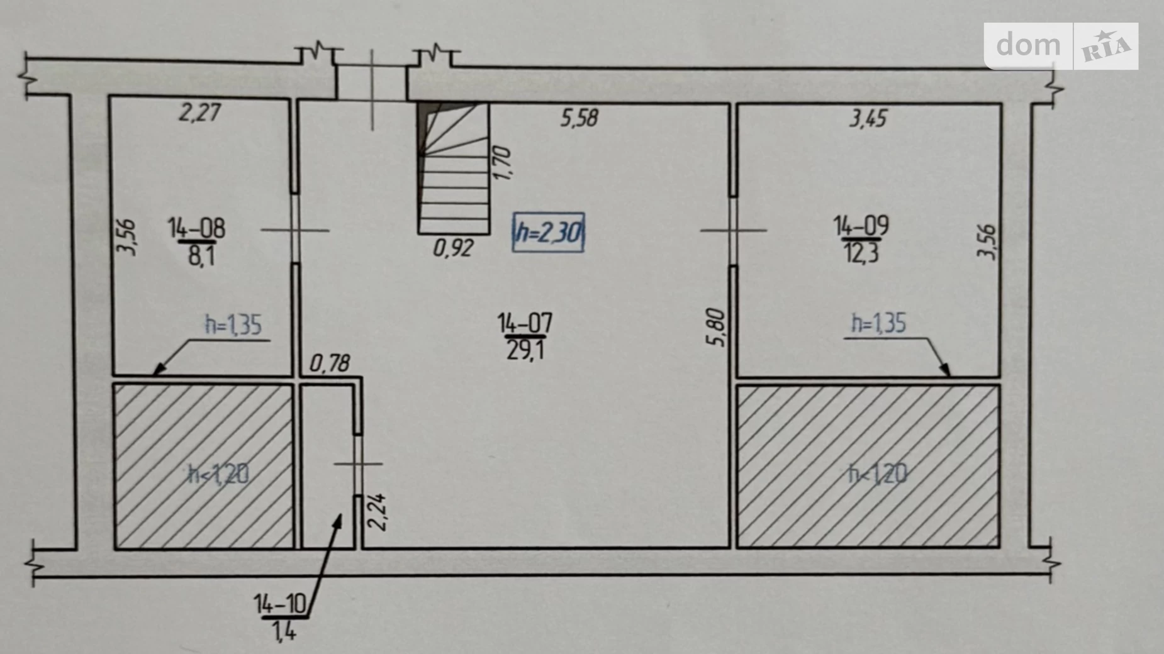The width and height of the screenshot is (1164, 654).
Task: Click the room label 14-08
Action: [x=196, y=228]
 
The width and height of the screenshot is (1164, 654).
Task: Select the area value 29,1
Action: [x=525, y=350]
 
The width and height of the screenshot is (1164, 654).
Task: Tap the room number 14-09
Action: [x=861, y=225]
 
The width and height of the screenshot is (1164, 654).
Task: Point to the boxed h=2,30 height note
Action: [x=548, y=233]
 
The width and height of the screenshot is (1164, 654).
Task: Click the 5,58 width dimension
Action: [x=579, y=118]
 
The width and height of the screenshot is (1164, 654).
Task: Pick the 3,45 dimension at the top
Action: [x=868, y=118]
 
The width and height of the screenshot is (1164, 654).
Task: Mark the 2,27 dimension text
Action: [x=200, y=113]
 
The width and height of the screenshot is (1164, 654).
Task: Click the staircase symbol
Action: [x=454, y=168]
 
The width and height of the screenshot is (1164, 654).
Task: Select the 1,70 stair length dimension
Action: [x=502, y=163]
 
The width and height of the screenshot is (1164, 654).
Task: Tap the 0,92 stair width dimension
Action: [x=453, y=248]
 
